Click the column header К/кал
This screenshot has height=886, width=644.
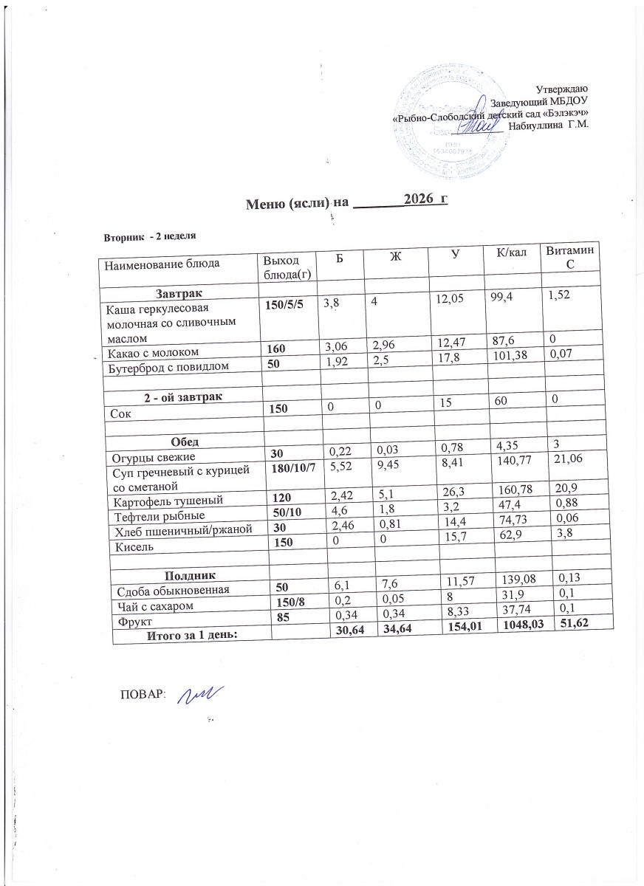(x=510, y=255)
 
